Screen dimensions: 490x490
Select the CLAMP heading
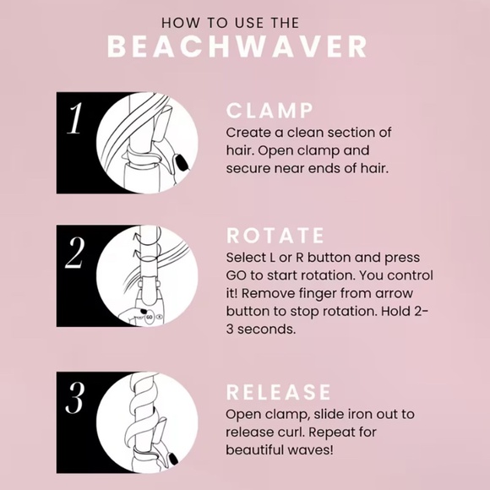[269, 112]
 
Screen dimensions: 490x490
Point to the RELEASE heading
[278, 392]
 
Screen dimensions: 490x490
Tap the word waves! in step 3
[314, 449]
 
